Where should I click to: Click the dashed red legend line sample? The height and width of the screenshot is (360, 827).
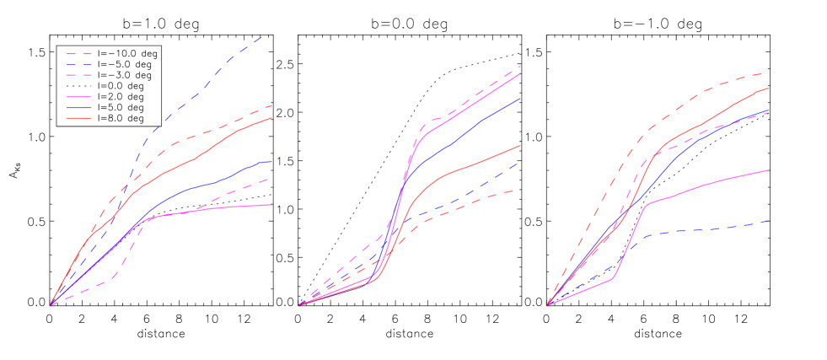[x=79, y=54]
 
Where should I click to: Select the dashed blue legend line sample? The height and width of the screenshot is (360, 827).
[x=79, y=64]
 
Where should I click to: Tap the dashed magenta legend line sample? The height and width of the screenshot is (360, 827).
[x=79, y=75]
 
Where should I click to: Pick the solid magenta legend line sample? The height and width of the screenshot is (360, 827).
[x=79, y=98]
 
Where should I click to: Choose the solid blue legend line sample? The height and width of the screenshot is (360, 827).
[x=79, y=108]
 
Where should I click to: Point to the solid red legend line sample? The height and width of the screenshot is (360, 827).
[x=79, y=118]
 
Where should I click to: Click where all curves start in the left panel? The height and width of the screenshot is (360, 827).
[x=51, y=304]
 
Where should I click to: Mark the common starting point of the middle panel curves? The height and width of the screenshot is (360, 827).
[x=299, y=304]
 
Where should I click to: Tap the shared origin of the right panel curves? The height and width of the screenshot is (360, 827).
[x=548, y=304]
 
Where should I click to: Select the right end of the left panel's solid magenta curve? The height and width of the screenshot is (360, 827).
[x=271, y=205]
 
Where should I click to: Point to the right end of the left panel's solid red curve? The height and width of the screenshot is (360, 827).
[x=271, y=118]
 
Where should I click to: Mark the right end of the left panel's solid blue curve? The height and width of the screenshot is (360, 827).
[x=271, y=161]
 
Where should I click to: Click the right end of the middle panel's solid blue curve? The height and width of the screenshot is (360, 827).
[x=520, y=99]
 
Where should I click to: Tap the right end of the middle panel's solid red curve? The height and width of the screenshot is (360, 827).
[x=520, y=145]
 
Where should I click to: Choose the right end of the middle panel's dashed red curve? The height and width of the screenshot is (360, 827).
[x=515, y=190]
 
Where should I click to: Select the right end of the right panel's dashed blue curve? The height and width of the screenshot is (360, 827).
[x=768, y=221]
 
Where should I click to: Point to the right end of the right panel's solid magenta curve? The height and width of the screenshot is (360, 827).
[x=768, y=170]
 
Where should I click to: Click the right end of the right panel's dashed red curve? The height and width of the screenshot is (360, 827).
[x=763, y=73]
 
